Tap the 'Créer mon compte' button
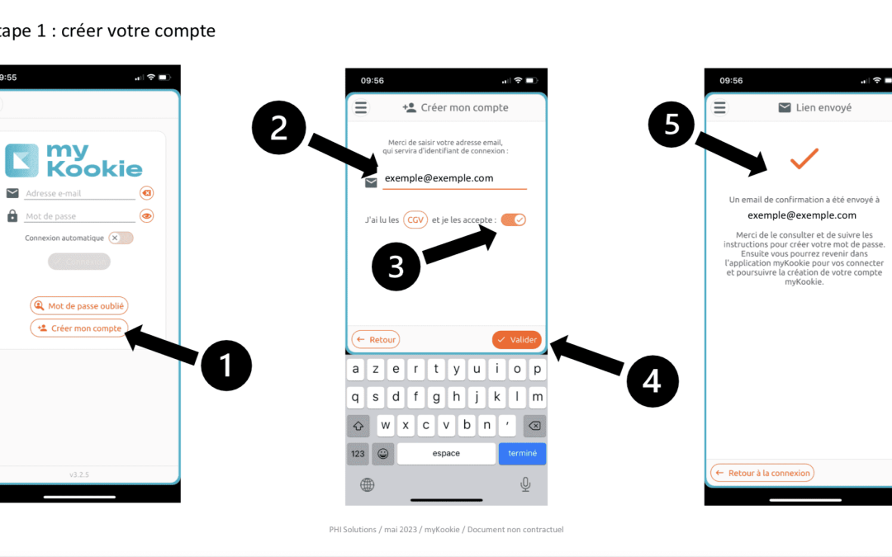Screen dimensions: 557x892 (x=79, y=328)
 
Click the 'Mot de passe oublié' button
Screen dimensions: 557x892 (x=79, y=306)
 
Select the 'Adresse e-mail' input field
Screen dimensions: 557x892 (x=79, y=194)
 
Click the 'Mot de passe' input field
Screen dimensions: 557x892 (x=79, y=216)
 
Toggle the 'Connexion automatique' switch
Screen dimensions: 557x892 (x=121, y=238)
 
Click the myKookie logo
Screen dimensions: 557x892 (x=74, y=160)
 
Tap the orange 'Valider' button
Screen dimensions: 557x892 (x=517, y=339)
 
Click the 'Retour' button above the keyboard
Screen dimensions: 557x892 (x=376, y=339)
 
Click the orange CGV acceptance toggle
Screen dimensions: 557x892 (x=513, y=219)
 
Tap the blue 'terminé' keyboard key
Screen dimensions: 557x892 (x=522, y=454)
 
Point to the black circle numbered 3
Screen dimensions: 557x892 (x=396, y=267)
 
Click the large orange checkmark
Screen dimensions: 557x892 (x=803, y=158)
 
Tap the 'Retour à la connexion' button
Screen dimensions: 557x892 (x=762, y=473)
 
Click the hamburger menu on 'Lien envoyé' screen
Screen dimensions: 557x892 (x=720, y=108)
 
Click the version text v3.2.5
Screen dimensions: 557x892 (x=79, y=474)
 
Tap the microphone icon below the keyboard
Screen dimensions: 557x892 (x=525, y=484)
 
